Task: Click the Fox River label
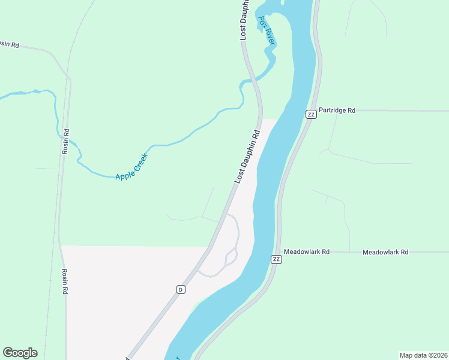click(x=267, y=30)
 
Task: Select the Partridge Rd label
click(x=337, y=110)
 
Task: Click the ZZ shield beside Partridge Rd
click(x=310, y=114)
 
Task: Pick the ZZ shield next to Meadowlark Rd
click(x=276, y=259)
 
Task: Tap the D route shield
click(x=180, y=289)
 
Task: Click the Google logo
click(x=20, y=353)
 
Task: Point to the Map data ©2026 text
click(x=423, y=355)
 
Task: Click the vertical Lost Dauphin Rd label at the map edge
click(x=244, y=20)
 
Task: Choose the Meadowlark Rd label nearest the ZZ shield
click(x=307, y=252)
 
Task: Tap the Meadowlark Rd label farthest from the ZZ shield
click(x=385, y=252)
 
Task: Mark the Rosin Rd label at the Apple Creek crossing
click(x=65, y=142)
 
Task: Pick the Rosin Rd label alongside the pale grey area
click(x=65, y=281)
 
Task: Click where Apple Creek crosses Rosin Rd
click(x=69, y=141)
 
